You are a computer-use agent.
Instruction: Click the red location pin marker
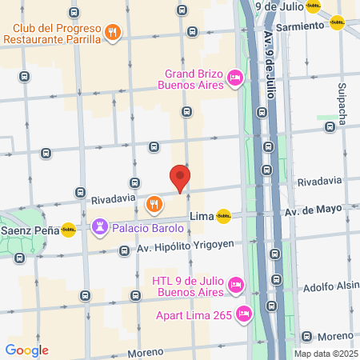[x=180, y=177]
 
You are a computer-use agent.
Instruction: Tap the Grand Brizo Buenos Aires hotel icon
[x=235, y=78]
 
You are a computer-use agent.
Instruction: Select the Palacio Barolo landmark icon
[x=100, y=227]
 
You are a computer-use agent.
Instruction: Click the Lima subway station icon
[x=223, y=214]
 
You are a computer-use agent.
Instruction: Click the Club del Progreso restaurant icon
[x=113, y=33]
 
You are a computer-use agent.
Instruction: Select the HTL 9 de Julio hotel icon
[x=235, y=284]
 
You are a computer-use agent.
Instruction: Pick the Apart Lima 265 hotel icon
[x=245, y=314]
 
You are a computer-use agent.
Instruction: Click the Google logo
[x=26, y=350]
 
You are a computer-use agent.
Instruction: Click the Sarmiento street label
[x=301, y=25]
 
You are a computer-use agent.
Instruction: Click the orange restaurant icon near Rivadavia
[x=154, y=206]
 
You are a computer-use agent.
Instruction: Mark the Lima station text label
[x=202, y=216]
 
